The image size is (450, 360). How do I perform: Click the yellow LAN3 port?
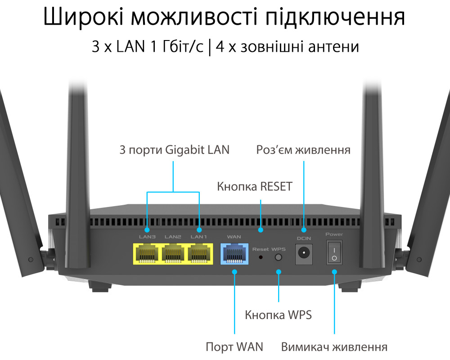point(148,254)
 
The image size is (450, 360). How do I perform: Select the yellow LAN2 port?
point(173,254)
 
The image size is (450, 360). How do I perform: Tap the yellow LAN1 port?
point(199,254)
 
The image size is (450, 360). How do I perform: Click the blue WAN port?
point(234,254)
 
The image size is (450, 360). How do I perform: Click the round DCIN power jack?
point(304,254)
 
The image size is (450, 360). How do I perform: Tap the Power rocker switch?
point(334,252)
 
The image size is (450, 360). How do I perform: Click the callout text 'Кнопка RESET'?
point(255,187)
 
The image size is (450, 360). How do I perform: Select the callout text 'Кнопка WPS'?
point(278,315)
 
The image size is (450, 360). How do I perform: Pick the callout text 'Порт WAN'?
point(234,347)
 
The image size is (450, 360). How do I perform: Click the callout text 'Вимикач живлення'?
point(334,347)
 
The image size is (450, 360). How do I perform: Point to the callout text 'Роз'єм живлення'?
point(303,150)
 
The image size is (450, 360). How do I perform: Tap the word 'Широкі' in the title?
point(84,16)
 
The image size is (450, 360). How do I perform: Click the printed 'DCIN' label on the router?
point(304,238)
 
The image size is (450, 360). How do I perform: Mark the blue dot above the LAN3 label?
point(147,230)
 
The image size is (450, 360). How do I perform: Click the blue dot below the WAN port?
point(235,272)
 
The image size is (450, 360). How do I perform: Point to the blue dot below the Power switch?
point(334,272)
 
